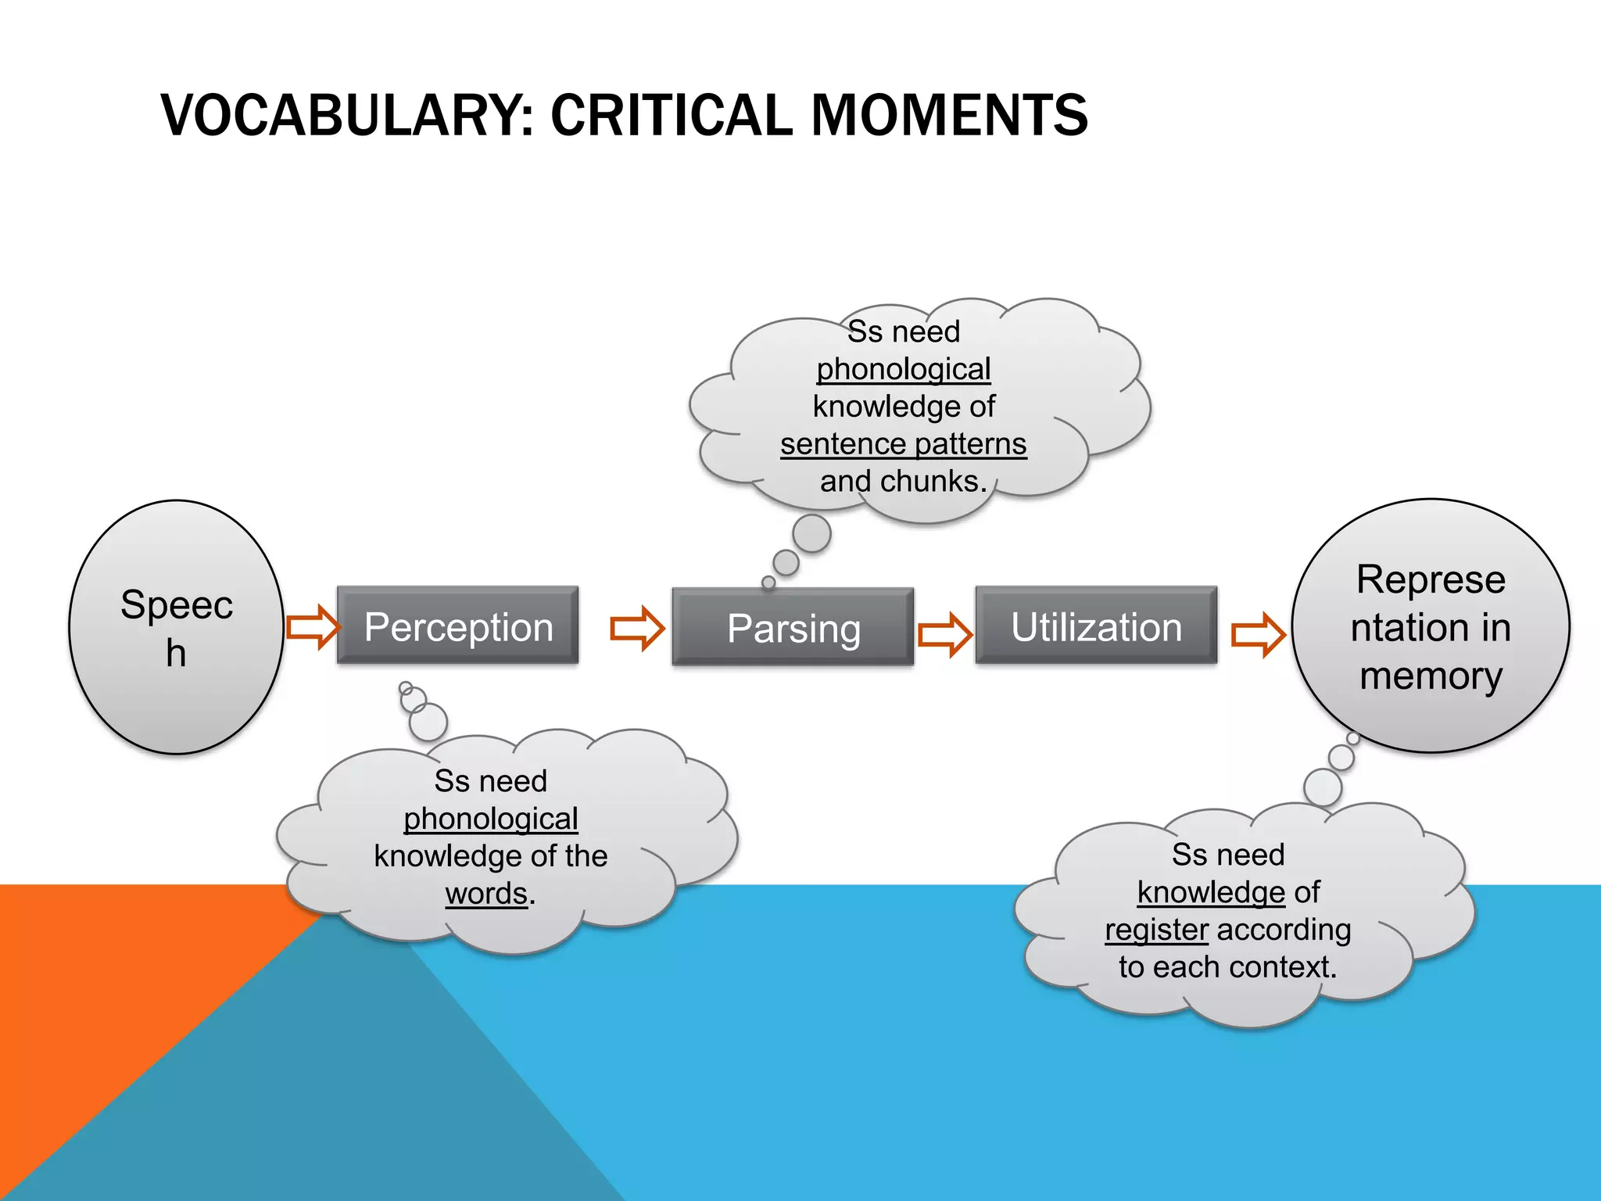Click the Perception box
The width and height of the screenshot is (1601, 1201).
click(x=458, y=626)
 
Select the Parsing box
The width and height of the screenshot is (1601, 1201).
click(x=793, y=627)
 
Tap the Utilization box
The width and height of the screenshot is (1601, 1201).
click(x=1096, y=626)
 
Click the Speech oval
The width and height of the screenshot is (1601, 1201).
click(x=177, y=627)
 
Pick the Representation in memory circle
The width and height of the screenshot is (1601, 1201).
click(x=1430, y=626)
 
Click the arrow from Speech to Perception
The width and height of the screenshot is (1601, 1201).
click(x=313, y=626)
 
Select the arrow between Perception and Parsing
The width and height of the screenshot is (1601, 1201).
click(x=637, y=627)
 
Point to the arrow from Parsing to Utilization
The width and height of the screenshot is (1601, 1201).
click(x=944, y=633)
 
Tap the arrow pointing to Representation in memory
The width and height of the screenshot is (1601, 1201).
click(x=1257, y=633)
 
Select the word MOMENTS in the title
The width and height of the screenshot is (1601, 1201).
click(x=949, y=116)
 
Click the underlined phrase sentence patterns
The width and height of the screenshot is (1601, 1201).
click(x=903, y=444)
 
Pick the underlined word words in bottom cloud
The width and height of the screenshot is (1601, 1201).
click(x=486, y=893)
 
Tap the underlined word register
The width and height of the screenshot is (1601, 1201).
click(x=1156, y=930)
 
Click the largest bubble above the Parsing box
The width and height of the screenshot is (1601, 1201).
click(x=811, y=533)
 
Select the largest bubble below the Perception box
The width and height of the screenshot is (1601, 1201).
click(x=428, y=721)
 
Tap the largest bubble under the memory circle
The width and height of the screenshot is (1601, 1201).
click(x=1323, y=787)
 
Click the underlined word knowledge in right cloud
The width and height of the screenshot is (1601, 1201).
click(x=1210, y=892)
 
